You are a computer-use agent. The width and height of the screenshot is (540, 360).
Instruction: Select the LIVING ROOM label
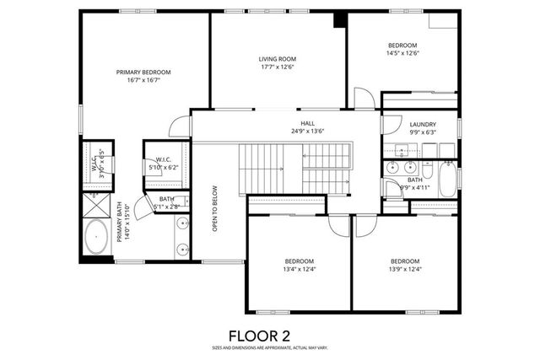278,59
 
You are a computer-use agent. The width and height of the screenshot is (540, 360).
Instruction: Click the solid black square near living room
339,19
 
